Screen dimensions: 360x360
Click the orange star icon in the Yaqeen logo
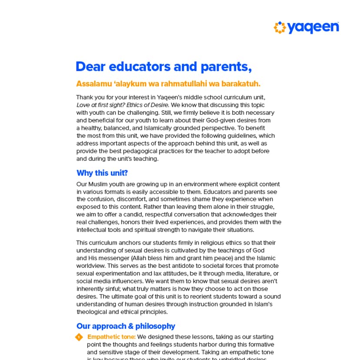click(280, 27)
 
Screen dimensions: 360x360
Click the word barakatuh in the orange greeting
click(241, 83)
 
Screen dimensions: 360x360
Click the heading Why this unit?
click(102, 173)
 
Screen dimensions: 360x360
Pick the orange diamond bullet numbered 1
click(79, 337)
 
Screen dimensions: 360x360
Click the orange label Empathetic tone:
click(111, 337)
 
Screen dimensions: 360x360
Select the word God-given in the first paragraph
click(222, 120)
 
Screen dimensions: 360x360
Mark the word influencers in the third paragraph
click(143, 281)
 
